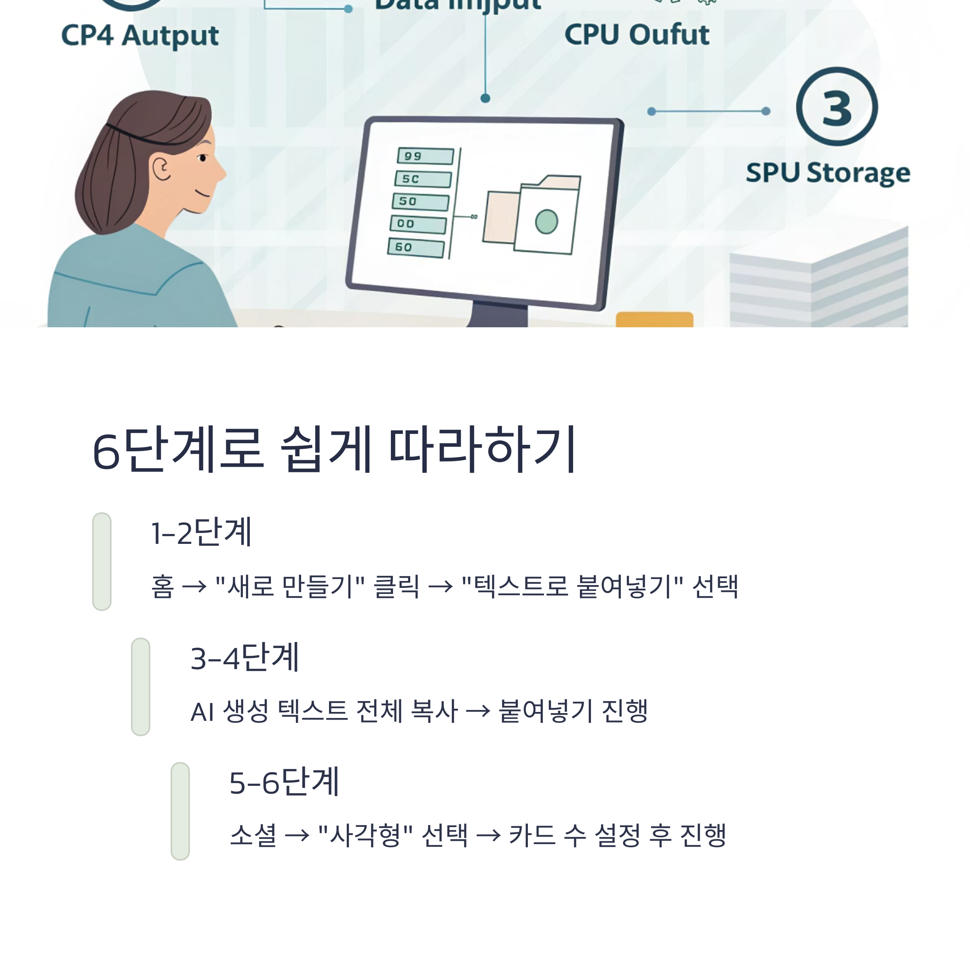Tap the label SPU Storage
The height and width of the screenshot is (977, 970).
[828, 173]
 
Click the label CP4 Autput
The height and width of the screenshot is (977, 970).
[139, 36]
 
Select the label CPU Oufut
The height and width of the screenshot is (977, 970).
[637, 34]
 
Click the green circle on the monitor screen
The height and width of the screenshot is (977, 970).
[546, 221]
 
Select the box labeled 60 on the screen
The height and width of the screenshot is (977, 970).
[416, 248]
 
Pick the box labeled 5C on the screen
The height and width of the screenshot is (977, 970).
[423, 179]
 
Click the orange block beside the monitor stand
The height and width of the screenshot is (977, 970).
[654, 320]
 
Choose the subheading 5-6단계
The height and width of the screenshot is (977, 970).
[284, 782]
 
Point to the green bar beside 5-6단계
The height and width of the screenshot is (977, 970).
[180, 811]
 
